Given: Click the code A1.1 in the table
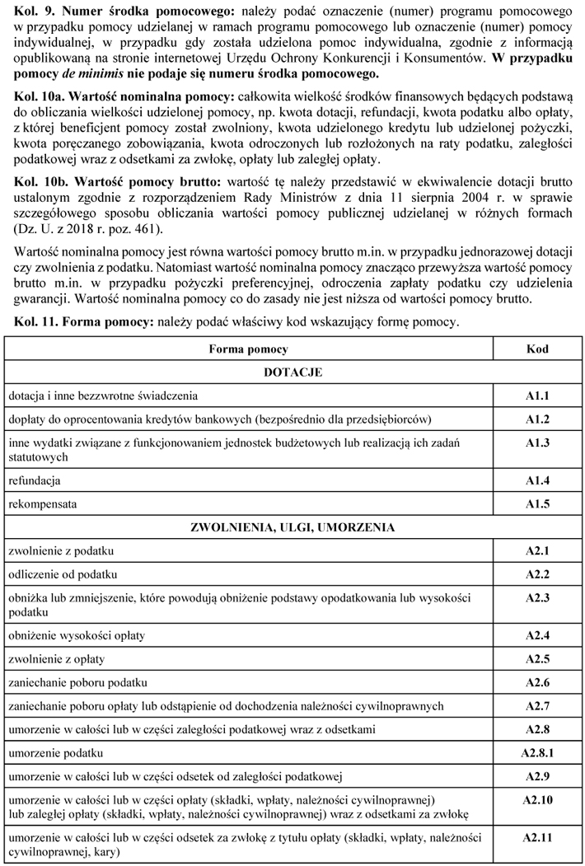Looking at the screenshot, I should point(537,396).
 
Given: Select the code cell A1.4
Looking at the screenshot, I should point(537,479).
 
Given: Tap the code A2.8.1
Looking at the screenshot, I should point(537,753).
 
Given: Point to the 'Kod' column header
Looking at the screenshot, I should point(537,349).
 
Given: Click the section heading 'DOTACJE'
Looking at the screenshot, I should point(292,372).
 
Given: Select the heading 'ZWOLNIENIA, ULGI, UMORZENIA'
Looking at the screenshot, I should point(292,527).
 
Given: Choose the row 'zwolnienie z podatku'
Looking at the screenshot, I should point(61,550).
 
